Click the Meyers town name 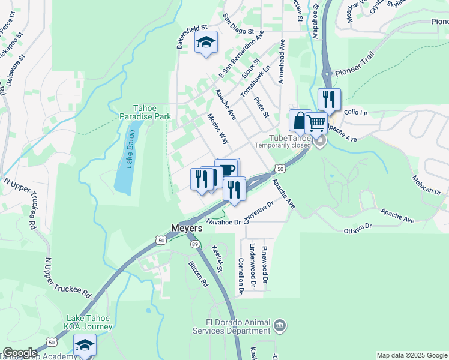[x=191, y=229]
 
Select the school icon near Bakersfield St [x=206, y=43]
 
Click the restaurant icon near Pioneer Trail [x=329, y=99]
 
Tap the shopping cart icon [x=316, y=124]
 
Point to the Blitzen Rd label [x=197, y=274]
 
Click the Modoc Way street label [x=218, y=128]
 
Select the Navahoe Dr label [x=223, y=221]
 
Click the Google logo [x=20, y=353]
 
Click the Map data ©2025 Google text [x=412, y=355]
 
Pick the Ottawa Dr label [x=358, y=227]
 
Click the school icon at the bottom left [x=85, y=346]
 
